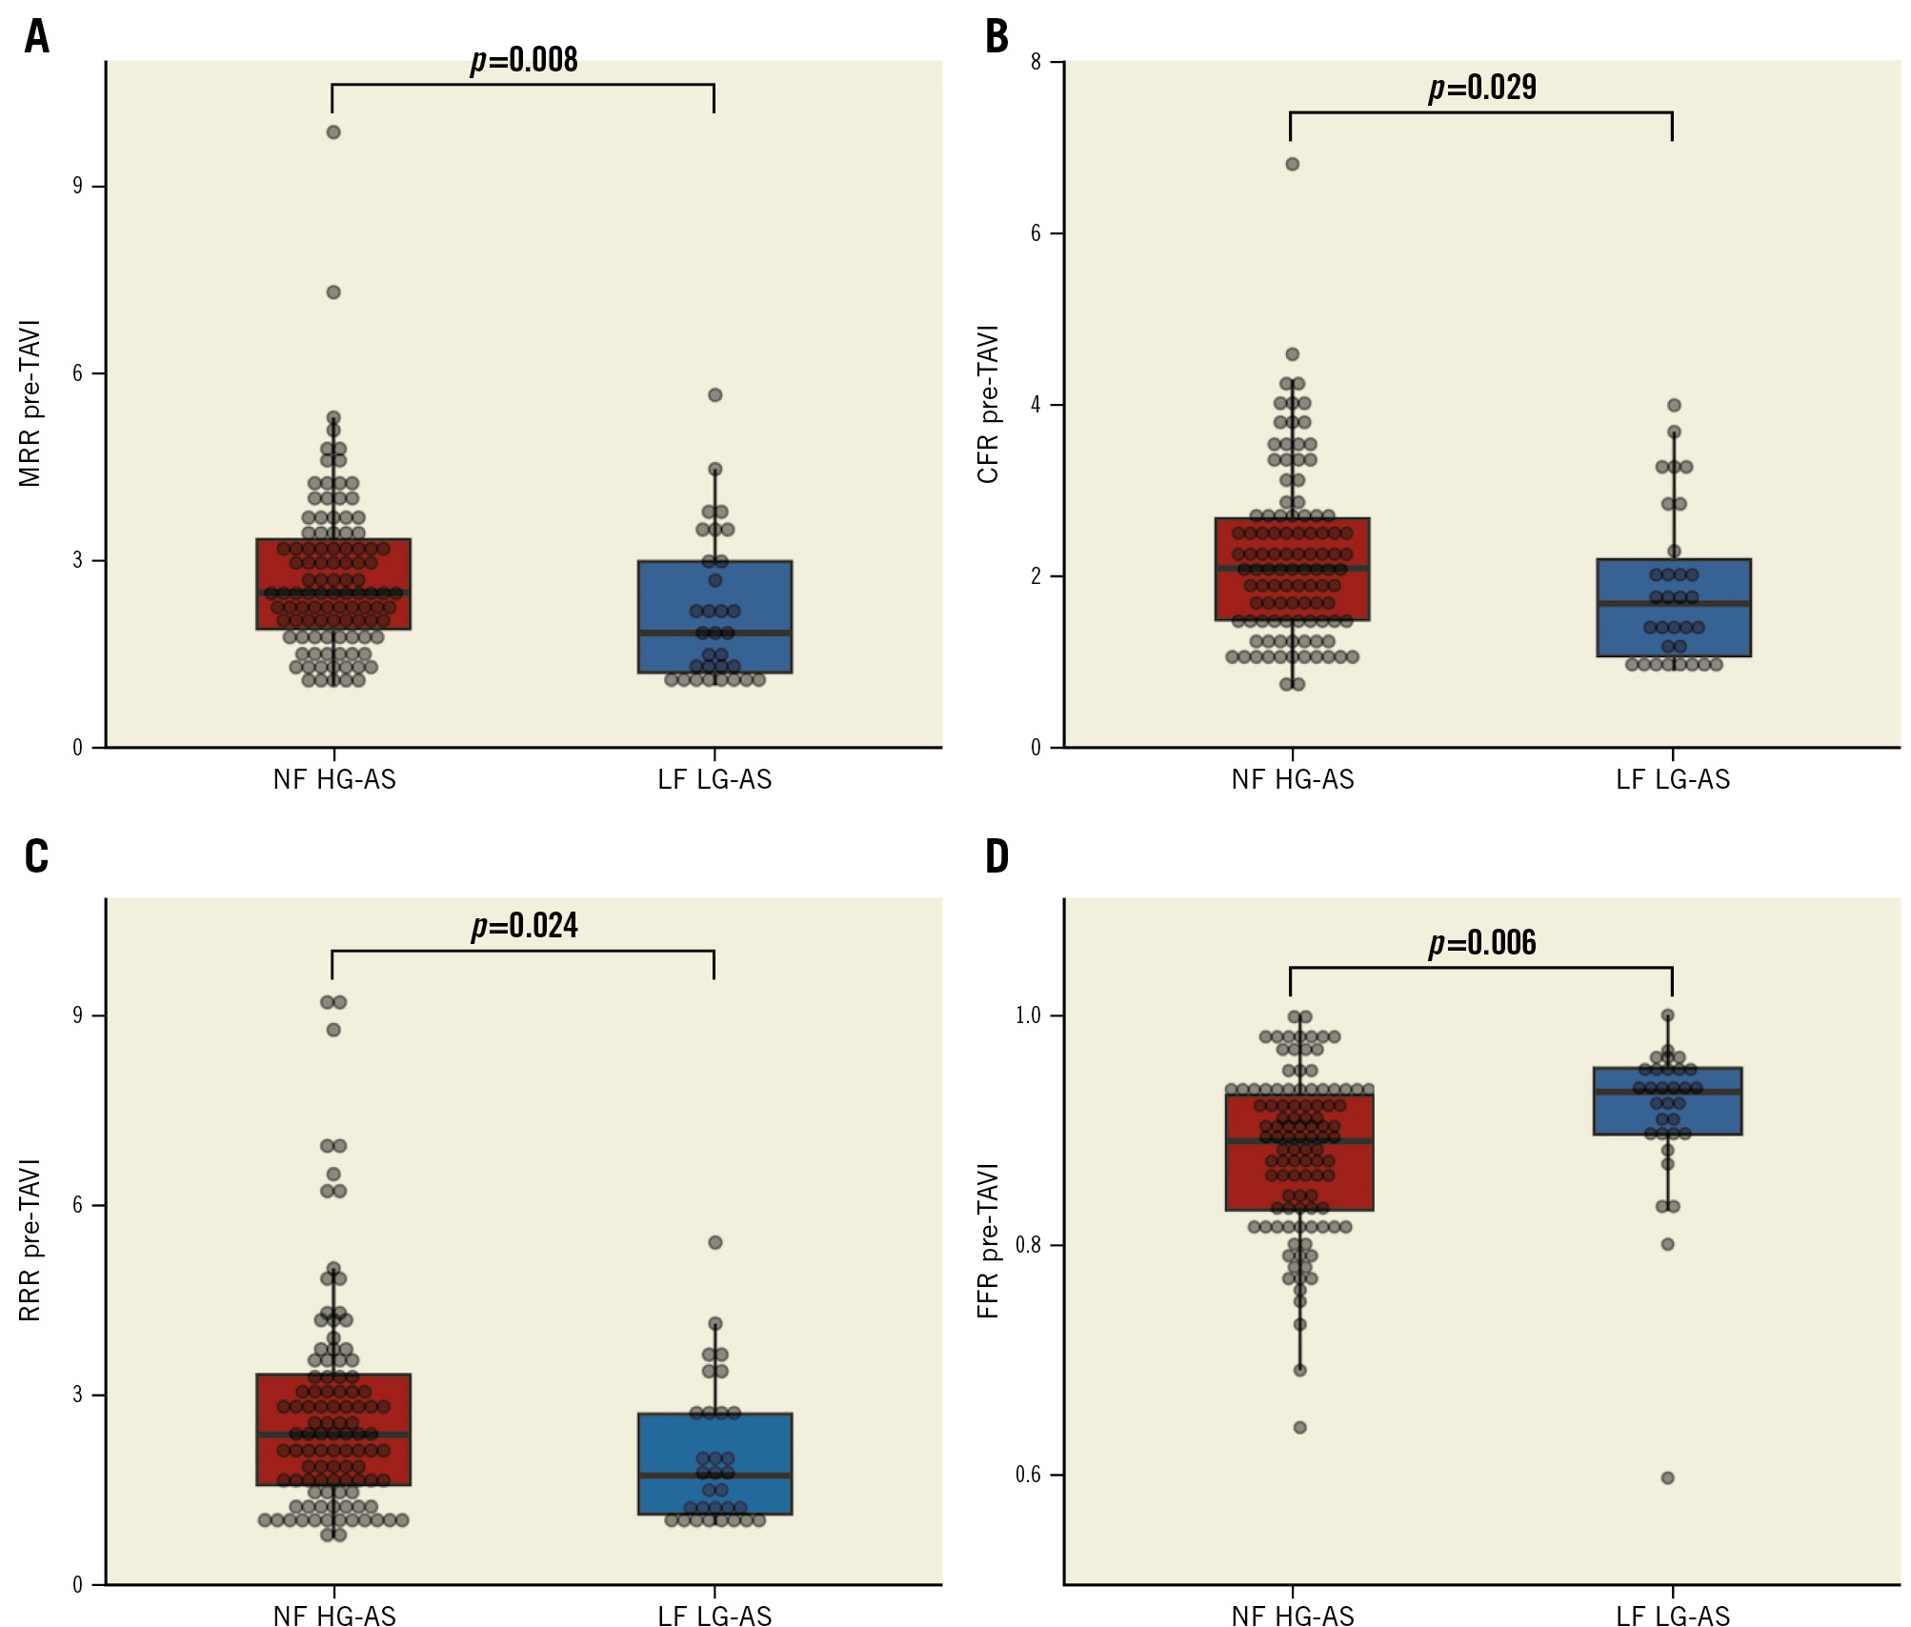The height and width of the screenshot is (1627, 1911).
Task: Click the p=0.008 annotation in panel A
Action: [x=524, y=60]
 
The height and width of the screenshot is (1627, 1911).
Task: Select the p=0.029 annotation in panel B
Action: [x=1482, y=88]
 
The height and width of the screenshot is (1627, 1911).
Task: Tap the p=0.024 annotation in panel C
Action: [x=524, y=926]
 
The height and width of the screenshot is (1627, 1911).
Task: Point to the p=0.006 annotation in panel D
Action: [x=1482, y=943]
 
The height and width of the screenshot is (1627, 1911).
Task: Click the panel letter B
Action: [x=996, y=37]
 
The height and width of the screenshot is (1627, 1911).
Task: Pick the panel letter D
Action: [x=996, y=856]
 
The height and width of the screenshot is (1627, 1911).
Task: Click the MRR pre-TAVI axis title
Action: [x=30, y=404]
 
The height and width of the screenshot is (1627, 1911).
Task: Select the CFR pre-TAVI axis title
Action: [x=989, y=404]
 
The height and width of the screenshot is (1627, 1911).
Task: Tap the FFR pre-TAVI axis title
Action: [x=989, y=1240]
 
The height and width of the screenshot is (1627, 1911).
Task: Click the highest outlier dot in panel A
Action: [x=333, y=132]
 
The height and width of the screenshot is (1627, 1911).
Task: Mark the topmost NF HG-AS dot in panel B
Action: [x=1293, y=164]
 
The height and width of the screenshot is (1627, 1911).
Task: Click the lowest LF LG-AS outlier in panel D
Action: [x=1668, y=1477]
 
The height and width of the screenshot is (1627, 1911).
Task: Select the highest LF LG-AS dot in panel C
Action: [x=715, y=1242]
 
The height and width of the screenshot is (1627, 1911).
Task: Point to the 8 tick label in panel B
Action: [x=1036, y=62]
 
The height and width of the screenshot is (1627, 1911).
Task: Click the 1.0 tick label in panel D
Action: [x=1028, y=1015]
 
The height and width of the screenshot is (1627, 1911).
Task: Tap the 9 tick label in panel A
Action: [x=77, y=186]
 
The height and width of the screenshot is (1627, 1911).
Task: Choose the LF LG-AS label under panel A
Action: [x=714, y=780]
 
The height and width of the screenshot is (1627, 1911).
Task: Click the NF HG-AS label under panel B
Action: [x=1293, y=780]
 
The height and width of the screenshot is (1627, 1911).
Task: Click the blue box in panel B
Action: [x=1674, y=608]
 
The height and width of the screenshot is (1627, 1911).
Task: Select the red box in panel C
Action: [x=333, y=1429]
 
